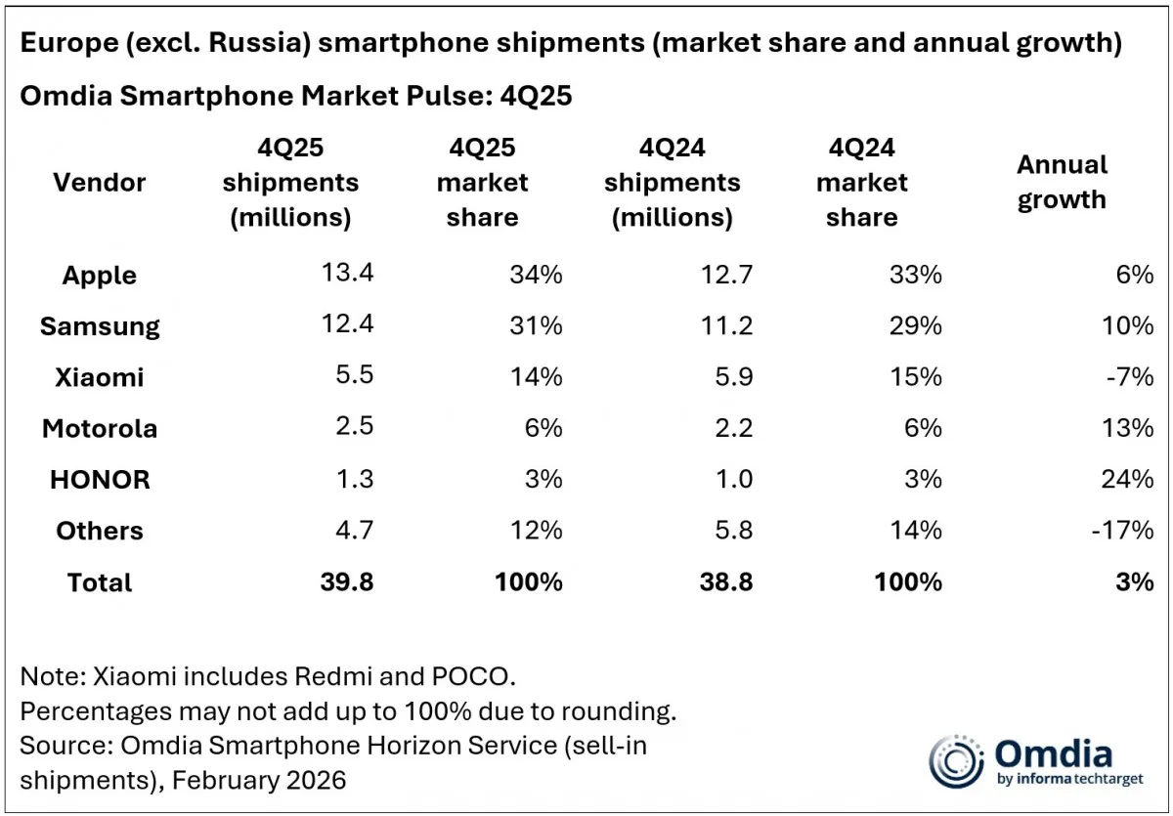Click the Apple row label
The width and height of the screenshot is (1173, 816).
(99, 276)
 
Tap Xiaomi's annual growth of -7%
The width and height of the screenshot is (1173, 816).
(1130, 377)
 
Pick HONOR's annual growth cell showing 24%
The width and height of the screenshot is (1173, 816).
(1130, 479)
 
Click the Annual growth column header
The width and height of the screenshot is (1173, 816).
(1062, 182)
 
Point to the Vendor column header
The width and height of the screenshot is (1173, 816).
(99, 182)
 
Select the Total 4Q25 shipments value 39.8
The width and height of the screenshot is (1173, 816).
(347, 581)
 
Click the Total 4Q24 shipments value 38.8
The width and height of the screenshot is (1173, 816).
(726, 581)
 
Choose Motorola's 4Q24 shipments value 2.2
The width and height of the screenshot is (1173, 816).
(732, 428)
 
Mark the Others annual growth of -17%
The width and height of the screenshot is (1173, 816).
(1126, 531)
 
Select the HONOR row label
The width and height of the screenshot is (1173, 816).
(99, 480)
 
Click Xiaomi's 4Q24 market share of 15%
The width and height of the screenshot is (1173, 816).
(916, 377)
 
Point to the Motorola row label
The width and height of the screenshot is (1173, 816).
(99, 429)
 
